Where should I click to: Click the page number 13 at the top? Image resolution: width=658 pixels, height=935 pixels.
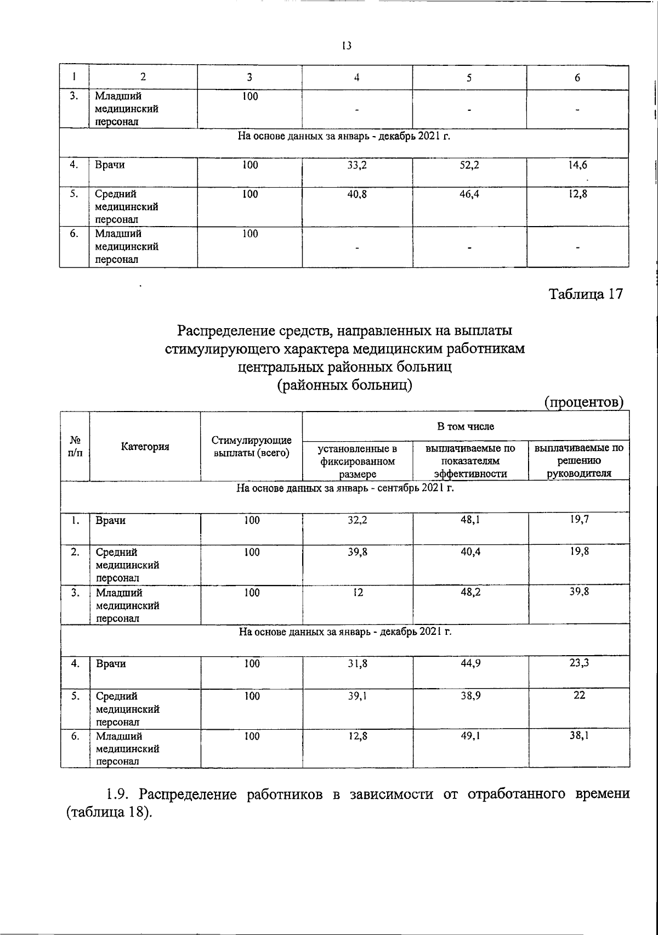click(x=346, y=46)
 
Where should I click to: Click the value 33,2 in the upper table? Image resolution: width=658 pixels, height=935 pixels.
click(x=357, y=165)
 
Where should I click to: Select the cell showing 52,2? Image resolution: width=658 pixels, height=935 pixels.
click(x=470, y=165)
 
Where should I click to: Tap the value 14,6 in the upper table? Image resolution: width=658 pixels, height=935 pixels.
click(x=578, y=165)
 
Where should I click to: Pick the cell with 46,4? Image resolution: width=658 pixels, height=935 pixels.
click(x=470, y=194)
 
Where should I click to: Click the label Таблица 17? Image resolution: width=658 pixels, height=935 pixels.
click(x=586, y=294)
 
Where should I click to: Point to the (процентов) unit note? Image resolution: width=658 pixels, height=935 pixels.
click(x=585, y=402)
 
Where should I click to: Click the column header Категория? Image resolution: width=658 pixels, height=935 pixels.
click(x=145, y=447)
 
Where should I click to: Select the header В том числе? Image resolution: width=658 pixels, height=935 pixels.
click(x=466, y=426)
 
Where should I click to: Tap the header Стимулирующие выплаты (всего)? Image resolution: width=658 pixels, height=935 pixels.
click(x=252, y=447)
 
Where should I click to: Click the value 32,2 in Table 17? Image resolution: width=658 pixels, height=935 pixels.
click(x=358, y=520)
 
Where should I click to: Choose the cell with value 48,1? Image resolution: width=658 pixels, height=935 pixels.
click(x=470, y=520)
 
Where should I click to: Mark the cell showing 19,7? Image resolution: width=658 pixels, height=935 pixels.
click(x=579, y=520)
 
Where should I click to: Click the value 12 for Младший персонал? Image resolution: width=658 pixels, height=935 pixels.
click(x=358, y=593)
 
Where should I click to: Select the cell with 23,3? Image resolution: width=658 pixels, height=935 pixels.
click(x=579, y=663)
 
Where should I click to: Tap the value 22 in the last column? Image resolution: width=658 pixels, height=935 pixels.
click(x=579, y=695)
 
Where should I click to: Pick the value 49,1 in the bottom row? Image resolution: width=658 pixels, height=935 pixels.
click(x=470, y=736)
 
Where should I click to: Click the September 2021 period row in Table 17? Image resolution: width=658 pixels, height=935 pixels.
click(x=345, y=488)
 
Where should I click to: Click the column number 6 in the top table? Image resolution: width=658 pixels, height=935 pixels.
click(x=577, y=78)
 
